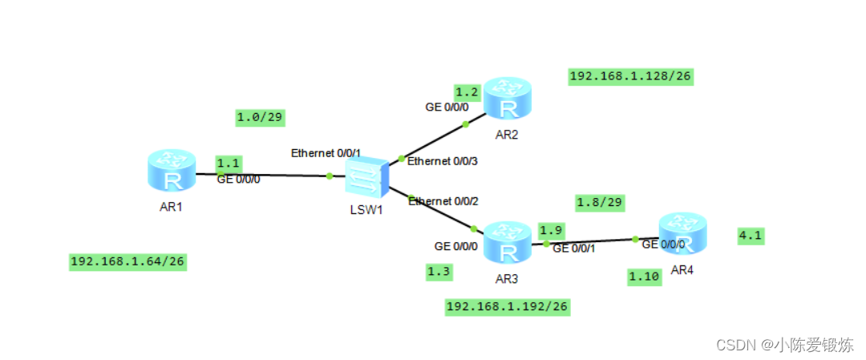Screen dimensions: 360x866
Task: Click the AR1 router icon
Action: click(172, 170)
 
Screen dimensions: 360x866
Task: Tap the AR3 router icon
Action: click(507, 244)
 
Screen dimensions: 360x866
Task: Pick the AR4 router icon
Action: click(682, 234)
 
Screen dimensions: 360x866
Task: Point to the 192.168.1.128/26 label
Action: click(630, 76)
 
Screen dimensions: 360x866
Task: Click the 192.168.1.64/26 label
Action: click(128, 262)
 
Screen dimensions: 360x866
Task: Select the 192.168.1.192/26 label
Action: click(508, 306)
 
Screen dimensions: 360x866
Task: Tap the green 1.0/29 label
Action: click(261, 118)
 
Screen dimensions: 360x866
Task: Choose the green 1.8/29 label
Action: click(600, 200)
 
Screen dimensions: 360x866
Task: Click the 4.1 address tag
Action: click(751, 235)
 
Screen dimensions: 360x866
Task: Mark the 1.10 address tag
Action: click(644, 277)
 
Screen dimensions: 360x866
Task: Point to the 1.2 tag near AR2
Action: click(467, 92)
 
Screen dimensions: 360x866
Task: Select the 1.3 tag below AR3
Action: click(439, 272)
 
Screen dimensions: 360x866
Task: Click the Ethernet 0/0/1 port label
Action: click(326, 152)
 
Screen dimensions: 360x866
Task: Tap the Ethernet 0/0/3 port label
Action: click(443, 161)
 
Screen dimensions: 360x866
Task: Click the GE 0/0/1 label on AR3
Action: click(574, 249)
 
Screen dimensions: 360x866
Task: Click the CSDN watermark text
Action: click(784, 345)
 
